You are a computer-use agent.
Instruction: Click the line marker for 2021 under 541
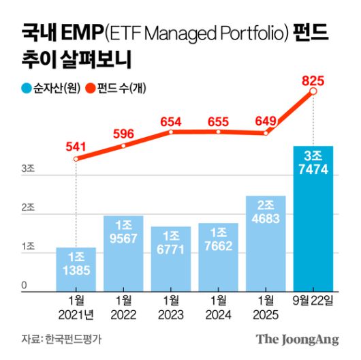click(x=76, y=159)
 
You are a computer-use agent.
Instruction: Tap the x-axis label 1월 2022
click(x=123, y=307)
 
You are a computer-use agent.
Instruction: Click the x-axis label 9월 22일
click(x=313, y=301)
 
